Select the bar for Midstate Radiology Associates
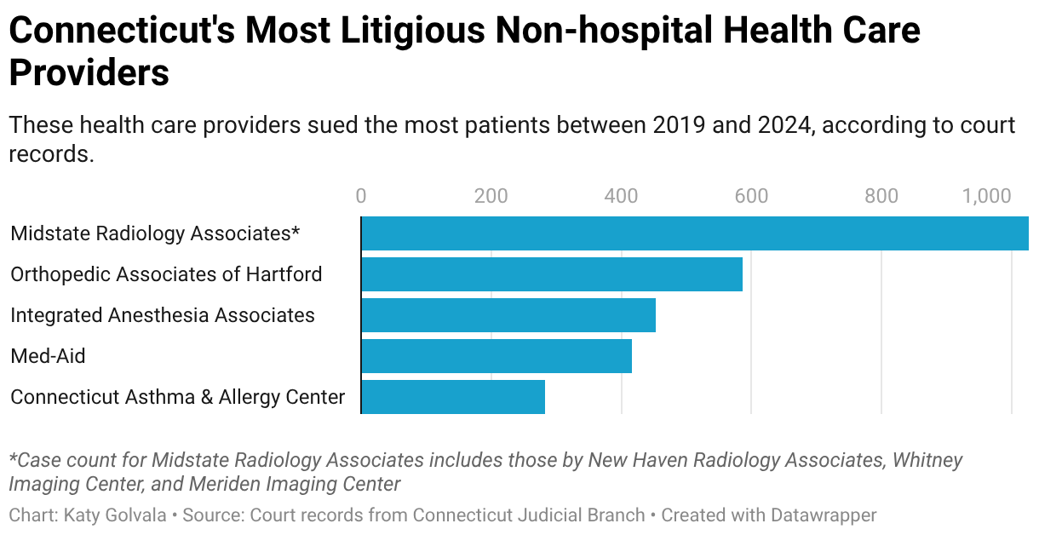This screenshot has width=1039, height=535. point(694,233)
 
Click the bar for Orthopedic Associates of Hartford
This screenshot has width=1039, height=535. point(552,274)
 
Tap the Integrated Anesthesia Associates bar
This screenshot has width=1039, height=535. point(508,315)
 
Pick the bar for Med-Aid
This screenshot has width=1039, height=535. point(497,356)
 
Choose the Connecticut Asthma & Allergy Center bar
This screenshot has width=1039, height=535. point(453,397)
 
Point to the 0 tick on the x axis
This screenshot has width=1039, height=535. point(361,197)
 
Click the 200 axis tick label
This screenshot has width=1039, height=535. point(491,197)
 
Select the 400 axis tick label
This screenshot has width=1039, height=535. point(622,197)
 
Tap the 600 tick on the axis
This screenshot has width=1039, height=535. point(751,197)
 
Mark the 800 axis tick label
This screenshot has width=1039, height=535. point(881,197)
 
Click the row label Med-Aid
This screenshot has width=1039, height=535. point(48,356)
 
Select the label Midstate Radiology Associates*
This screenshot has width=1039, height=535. point(156,233)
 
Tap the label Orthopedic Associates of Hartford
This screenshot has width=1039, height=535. point(166,274)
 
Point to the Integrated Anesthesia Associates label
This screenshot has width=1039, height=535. point(163,315)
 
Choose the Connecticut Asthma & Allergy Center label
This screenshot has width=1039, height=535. point(177,397)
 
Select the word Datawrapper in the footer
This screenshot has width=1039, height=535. point(822,515)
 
